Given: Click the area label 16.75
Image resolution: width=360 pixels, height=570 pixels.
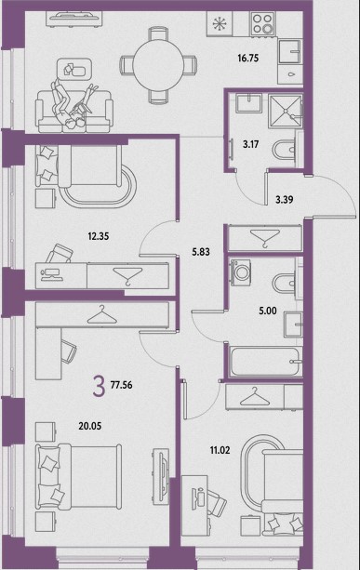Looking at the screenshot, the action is tap(248, 58).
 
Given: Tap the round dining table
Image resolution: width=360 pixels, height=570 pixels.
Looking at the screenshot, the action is tap(158, 65).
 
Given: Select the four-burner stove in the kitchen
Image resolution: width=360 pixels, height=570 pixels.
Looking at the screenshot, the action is tap(262, 23).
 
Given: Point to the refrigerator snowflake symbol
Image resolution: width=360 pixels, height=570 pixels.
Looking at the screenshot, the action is tap(219, 23).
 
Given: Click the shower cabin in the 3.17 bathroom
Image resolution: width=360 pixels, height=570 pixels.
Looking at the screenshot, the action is tap(286, 111).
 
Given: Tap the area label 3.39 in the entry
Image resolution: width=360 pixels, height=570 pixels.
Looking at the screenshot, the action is tap(285, 200).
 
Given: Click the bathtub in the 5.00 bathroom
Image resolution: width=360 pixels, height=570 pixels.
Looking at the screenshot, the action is tap(265, 362).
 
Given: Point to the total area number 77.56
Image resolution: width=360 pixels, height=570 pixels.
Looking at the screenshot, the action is tap(122, 385).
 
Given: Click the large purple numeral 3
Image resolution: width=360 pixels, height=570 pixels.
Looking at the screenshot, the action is tap(99, 386).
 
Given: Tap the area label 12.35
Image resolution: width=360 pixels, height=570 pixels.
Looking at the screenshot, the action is tap(99, 236).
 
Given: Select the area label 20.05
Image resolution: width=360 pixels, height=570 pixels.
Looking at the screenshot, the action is tap(90, 426).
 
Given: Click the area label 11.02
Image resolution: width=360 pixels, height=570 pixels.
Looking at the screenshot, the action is tap(220, 450).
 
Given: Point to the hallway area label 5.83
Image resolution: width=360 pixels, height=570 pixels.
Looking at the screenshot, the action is tap(201, 252).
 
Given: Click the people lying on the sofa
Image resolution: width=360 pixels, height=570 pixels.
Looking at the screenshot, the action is tap(74, 105).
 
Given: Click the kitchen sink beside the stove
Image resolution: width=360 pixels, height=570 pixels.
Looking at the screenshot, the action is tap(290, 52).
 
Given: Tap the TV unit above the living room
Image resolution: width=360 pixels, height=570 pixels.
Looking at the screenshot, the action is tap(74, 18).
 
